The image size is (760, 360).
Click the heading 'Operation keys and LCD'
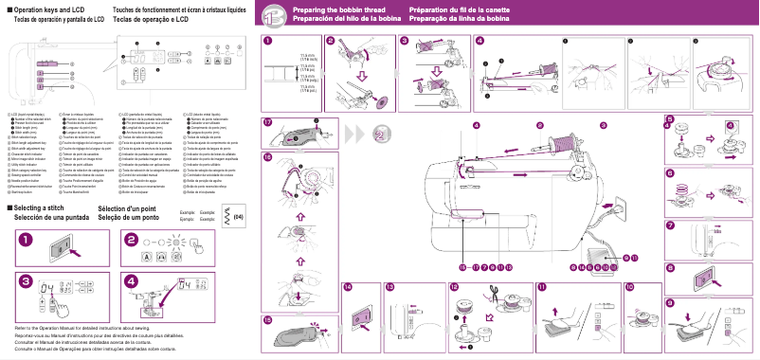pyautogui.click(x=52, y=9)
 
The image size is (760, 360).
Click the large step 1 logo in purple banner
pyautogui.click(x=272, y=15)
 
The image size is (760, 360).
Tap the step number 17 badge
pyautogui.click(x=268, y=123)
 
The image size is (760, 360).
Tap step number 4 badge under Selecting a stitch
pyautogui.click(x=132, y=281)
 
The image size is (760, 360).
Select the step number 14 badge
pyautogui.click(x=348, y=286)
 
